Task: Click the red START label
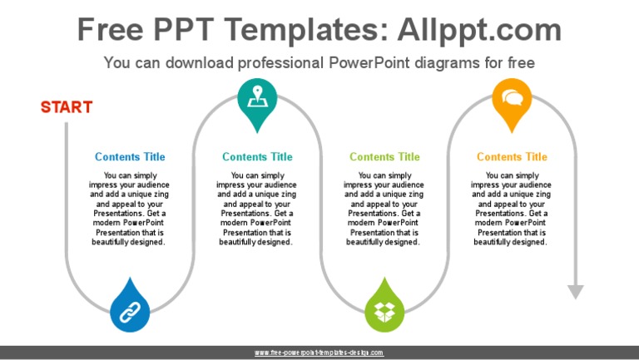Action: [x=67, y=107]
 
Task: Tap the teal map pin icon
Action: [x=257, y=99]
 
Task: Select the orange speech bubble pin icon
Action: [x=512, y=99]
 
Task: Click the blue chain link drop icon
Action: [x=130, y=310]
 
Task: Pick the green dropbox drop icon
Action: [x=384, y=310]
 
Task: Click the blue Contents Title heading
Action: [x=130, y=156]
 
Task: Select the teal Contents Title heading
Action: [x=257, y=156]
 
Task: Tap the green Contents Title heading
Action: [x=384, y=156]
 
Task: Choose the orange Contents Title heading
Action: [x=512, y=156]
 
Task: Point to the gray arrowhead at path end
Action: [x=575, y=292]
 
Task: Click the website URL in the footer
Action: [x=319, y=353]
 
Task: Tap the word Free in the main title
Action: [x=111, y=30]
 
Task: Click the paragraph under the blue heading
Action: [x=130, y=209]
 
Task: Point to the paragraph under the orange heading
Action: [x=512, y=209]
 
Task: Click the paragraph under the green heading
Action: [x=384, y=209]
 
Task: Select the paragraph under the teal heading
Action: [x=257, y=209]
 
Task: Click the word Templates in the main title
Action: [x=290, y=30]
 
